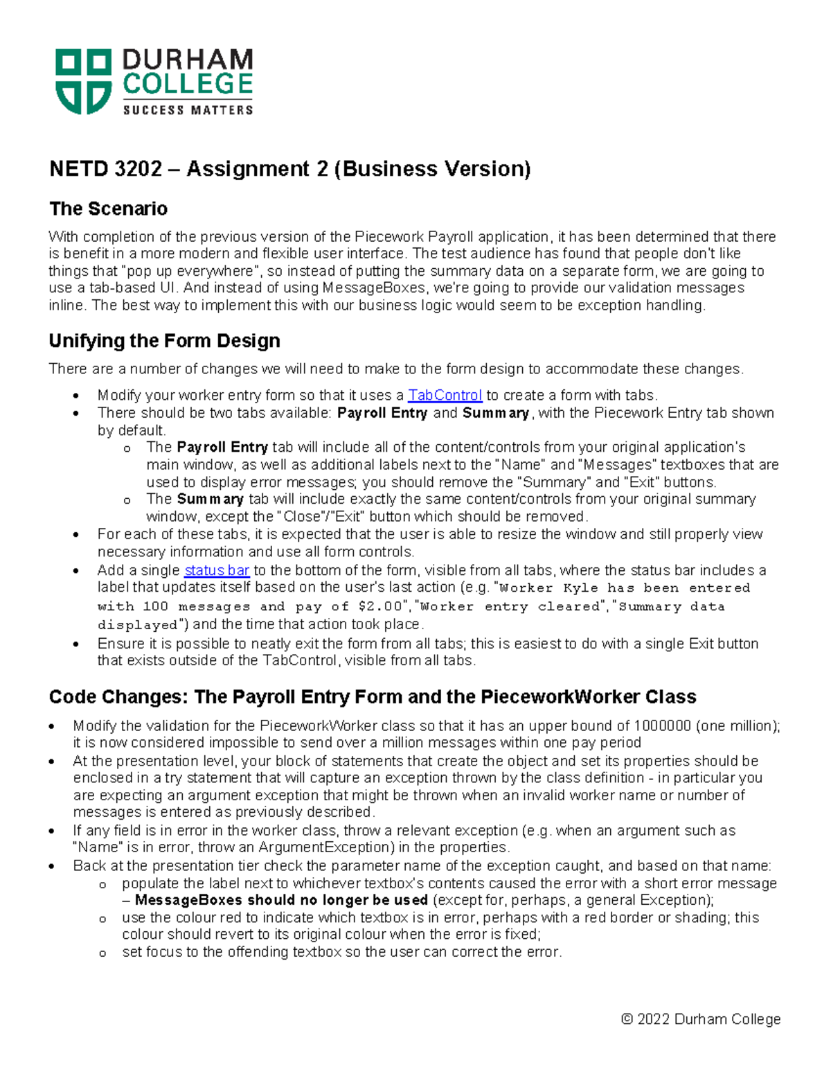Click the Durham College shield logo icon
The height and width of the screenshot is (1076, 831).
pos(83,81)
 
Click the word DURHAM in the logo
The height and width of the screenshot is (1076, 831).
pos(188,60)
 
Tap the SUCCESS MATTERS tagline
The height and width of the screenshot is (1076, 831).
pos(188,109)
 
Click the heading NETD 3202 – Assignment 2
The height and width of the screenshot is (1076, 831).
pos(289,169)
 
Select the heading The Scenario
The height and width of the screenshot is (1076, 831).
pos(108,209)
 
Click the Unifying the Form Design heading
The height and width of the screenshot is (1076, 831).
pos(164,341)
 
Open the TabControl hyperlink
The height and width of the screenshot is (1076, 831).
pos(445,396)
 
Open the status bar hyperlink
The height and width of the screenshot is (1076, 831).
pos(216,570)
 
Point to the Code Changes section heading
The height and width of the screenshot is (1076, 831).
pos(372,697)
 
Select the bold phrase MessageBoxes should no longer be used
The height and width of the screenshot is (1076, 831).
pos(281,900)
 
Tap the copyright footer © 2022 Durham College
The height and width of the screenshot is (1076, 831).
pos(701,1019)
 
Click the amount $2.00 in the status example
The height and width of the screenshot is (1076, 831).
pos(380,607)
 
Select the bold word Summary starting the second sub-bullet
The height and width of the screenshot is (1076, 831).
pos(210,499)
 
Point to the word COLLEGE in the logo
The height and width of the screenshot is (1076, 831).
pos(188,85)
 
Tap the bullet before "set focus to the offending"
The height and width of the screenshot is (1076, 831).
pos(102,953)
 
